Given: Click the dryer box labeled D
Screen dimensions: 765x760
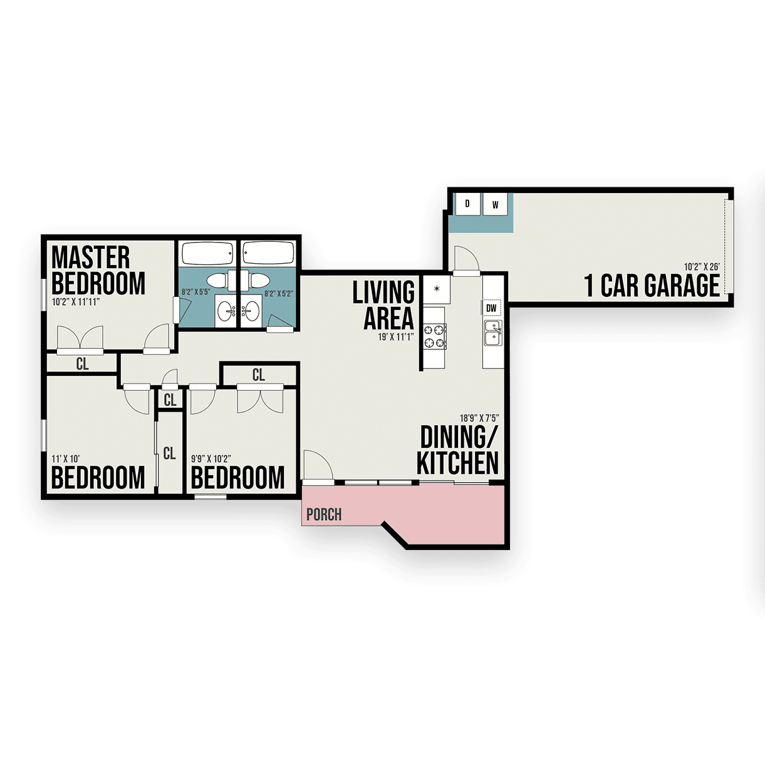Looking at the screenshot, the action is tap(467, 204).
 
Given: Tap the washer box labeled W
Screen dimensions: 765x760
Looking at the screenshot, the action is tap(495, 204).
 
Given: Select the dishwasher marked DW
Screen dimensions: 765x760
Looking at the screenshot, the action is tap(491, 308).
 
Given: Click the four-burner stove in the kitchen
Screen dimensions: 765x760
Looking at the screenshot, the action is tap(434, 336).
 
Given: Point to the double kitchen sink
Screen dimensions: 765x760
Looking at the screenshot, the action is tap(493, 333).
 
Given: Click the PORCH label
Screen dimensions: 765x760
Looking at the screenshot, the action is tap(324, 514).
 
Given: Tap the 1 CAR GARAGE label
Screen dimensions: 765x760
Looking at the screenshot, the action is tap(652, 285).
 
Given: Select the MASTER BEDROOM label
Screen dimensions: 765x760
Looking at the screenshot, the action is tap(98, 270).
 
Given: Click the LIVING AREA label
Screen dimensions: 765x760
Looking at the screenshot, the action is tap(383, 305).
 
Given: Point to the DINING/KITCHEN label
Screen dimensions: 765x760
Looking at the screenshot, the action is tap(458, 450).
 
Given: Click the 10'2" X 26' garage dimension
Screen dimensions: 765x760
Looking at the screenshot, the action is tap(702, 267).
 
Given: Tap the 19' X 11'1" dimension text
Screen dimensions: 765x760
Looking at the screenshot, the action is tap(396, 337).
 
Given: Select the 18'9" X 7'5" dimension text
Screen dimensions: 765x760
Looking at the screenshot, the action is tap(479, 418).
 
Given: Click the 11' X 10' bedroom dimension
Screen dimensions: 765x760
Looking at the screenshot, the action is tap(66, 459).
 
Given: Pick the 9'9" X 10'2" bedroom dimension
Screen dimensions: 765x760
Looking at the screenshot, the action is tap(211, 459).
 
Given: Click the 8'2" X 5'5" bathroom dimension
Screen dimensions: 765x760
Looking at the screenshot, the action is tap(195, 292).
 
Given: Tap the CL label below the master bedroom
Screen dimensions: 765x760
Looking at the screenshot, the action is tap(83, 364).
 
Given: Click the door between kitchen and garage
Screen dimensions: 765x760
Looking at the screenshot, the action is tap(467, 261).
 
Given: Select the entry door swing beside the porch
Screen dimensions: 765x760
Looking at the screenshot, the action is tap(318, 466).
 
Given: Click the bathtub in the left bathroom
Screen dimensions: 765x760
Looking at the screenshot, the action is tap(207, 253).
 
